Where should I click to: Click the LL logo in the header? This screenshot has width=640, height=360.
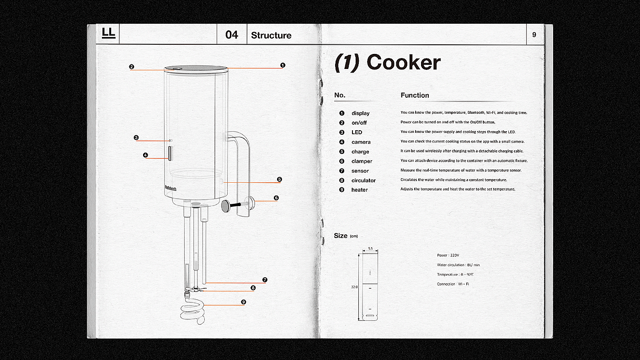[x=109, y=33]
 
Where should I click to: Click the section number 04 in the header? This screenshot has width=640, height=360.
[x=232, y=35]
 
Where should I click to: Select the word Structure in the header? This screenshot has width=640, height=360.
[x=271, y=35]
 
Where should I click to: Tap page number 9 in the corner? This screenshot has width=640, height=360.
[x=534, y=35]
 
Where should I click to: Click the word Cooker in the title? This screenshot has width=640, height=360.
[x=403, y=63]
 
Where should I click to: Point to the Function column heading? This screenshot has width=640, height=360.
[x=415, y=95]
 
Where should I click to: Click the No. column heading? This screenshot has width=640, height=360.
[x=340, y=95]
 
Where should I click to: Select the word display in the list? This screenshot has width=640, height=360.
[x=360, y=113]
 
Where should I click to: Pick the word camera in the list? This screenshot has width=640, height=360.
[x=361, y=142]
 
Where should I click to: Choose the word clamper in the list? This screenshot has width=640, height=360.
[x=362, y=161]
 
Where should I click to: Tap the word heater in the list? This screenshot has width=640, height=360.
[x=359, y=190]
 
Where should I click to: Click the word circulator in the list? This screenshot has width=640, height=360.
[x=363, y=180]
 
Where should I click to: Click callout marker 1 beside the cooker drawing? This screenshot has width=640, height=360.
[x=283, y=65]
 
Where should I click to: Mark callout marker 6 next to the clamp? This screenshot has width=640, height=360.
[x=276, y=198]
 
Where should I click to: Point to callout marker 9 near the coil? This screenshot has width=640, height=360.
[x=243, y=302]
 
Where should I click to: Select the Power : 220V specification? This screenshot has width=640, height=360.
[x=448, y=255]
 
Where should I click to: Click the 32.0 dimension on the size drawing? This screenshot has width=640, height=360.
[x=354, y=287]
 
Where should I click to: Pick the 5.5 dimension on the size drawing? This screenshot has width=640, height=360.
[x=370, y=249]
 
